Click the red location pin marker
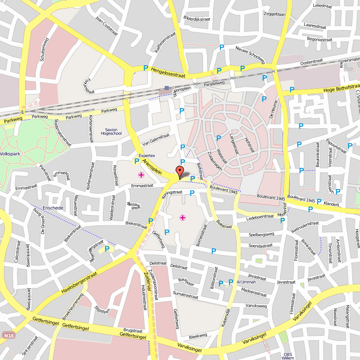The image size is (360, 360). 180,171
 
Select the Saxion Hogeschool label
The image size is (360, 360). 111,131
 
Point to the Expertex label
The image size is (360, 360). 147,155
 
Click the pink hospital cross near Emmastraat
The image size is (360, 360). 141,175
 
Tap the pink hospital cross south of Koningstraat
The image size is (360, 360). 183,218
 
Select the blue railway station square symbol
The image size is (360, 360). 167,88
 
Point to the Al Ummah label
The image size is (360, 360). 246,282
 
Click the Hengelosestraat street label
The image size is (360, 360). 168,72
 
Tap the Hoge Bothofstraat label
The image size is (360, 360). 342,89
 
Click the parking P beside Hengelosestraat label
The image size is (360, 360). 145,68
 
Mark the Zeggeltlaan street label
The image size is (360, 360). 274,14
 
